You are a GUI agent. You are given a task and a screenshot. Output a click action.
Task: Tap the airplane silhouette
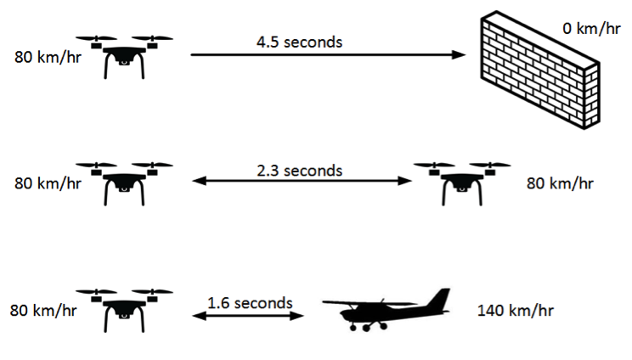click(387, 309)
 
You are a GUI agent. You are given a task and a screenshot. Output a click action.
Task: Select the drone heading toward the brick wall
click(124, 55)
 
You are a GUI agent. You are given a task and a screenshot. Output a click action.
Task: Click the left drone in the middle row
click(124, 182)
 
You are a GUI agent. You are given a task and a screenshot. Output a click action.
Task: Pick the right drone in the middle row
click(462, 182)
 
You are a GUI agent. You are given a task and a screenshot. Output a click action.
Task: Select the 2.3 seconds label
click(300, 170)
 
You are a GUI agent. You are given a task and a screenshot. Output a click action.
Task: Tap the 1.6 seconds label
click(250, 302)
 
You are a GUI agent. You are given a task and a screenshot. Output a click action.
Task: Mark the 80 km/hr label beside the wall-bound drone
click(48, 59)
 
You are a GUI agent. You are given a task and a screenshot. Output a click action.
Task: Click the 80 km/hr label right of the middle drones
click(560, 183)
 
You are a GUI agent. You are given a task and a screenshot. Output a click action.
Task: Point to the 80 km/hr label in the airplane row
click(43, 311)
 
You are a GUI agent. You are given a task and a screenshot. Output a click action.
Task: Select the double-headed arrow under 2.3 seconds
click(300, 181)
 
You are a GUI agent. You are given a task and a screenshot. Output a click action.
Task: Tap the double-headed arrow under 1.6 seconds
click(250, 316)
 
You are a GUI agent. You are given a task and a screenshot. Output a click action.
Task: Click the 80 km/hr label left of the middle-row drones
click(48, 183)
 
